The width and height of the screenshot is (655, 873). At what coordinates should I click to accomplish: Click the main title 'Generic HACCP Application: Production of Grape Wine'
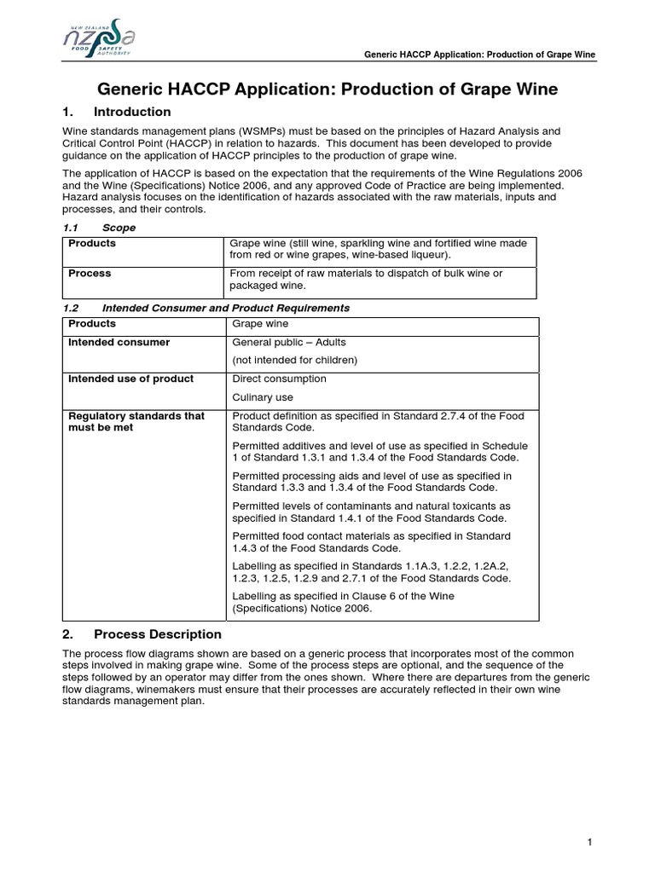tap(327, 89)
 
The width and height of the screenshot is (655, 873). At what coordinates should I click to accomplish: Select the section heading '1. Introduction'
tap(117, 112)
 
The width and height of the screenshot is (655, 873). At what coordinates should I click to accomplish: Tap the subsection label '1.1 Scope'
tap(100, 228)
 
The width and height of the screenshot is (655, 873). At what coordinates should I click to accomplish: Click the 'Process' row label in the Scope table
tap(90, 274)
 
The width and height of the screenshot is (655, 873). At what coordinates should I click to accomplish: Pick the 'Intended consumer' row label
tap(119, 342)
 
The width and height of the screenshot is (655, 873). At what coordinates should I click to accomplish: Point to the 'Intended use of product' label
tap(130, 379)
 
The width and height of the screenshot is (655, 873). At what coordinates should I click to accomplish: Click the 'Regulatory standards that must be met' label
tap(136, 421)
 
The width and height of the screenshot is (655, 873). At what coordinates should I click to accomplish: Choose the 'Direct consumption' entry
tap(279, 379)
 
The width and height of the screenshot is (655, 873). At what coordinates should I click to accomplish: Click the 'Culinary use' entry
tap(263, 397)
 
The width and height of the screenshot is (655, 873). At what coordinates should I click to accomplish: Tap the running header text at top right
tap(479, 55)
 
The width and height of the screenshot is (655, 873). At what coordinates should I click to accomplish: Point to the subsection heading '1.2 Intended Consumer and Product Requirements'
tap(206, 307)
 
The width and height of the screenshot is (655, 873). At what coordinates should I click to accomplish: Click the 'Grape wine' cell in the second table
tap(260, 324)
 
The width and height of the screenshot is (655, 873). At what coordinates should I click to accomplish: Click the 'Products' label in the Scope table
tap(92, 243)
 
